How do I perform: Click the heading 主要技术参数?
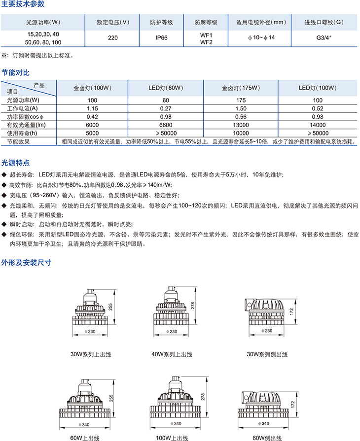(x=23, y=4)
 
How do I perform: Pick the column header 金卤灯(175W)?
(x=241, y=88)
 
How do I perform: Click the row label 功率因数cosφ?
(x=26, y=117)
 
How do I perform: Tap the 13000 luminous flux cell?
(x=241, y=125)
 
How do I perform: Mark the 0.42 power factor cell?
(x=93, y=117)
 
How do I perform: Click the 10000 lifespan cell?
(x=241, y=133)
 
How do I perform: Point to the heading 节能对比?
(x=15, y=72)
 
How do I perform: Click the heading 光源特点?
(x=15, y=162)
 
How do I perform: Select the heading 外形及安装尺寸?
(x=26, y=262)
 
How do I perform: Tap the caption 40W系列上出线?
(x=172, y=354)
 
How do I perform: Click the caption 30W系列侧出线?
(x=267, y=354)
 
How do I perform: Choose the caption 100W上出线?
(x=172, y=438)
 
